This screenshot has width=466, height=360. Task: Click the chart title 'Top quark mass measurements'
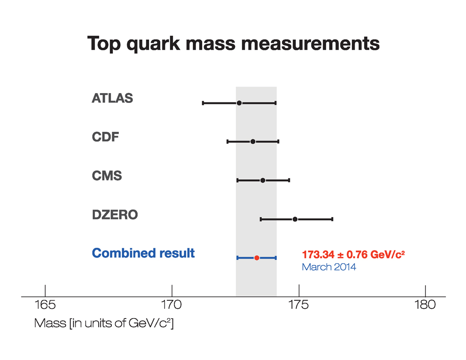(233, 44)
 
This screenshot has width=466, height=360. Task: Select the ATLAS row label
(112, 99)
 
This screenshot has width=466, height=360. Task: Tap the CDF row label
(105, 137)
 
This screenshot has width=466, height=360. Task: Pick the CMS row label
(107, 176)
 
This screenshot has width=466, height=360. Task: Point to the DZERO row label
(115, 215)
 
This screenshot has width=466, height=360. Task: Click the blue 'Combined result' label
(144, 253)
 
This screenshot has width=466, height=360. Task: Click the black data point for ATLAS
(239, 103)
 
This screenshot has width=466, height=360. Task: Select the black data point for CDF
(253, 142)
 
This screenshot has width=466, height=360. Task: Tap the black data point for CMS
(263, 180)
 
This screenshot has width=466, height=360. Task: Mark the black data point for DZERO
(295, 219)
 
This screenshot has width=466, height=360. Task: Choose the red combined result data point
(257, 258)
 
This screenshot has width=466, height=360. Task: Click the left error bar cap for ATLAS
(203, 103)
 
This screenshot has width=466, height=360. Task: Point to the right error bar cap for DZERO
(332, 219)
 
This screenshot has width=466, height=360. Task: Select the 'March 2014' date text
(329, 267)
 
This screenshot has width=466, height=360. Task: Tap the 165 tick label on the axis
(45, 306)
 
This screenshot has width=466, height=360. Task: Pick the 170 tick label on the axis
(172, 306)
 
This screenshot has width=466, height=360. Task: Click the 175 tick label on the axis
(299, 306)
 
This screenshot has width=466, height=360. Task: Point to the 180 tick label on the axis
(425, 306)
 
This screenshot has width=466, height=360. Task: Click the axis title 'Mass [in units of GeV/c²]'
(104, 323)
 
